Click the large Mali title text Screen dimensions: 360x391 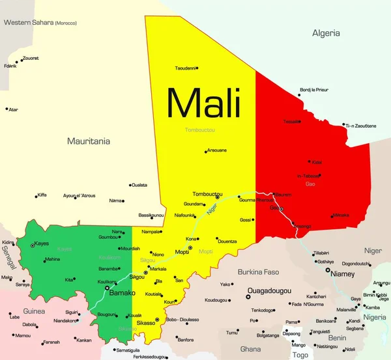204,104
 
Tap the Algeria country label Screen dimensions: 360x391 326,33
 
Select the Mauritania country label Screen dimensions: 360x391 89,141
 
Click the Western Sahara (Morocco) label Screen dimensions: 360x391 40,23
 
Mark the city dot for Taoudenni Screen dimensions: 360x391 197,68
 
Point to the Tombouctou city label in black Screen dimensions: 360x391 207,194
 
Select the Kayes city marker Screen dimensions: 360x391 32,245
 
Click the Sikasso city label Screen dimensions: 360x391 145,323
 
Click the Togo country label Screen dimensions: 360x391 300,355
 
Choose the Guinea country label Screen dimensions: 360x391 34,311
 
